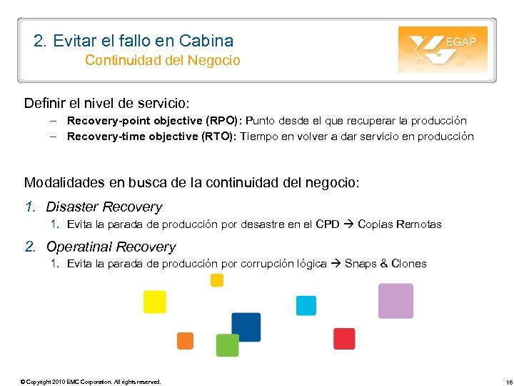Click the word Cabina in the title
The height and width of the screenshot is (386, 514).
[208, 41]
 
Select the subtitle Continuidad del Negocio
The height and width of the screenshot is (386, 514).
[162, 60]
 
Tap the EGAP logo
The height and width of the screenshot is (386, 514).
[443, 49]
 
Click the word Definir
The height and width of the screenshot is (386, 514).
[44, 104]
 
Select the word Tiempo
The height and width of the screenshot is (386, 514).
[260, 137]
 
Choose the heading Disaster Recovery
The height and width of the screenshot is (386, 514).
[104, 207]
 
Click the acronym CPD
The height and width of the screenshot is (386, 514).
[328, 224]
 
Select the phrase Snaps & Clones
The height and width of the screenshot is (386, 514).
[385, 264]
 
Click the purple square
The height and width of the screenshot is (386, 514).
[395, 301]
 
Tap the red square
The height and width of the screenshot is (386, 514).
[344, 339]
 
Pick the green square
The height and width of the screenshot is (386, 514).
[227, 345]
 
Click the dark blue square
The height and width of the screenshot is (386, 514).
[246, 327]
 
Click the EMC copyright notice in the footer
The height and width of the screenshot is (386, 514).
[91, 382]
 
